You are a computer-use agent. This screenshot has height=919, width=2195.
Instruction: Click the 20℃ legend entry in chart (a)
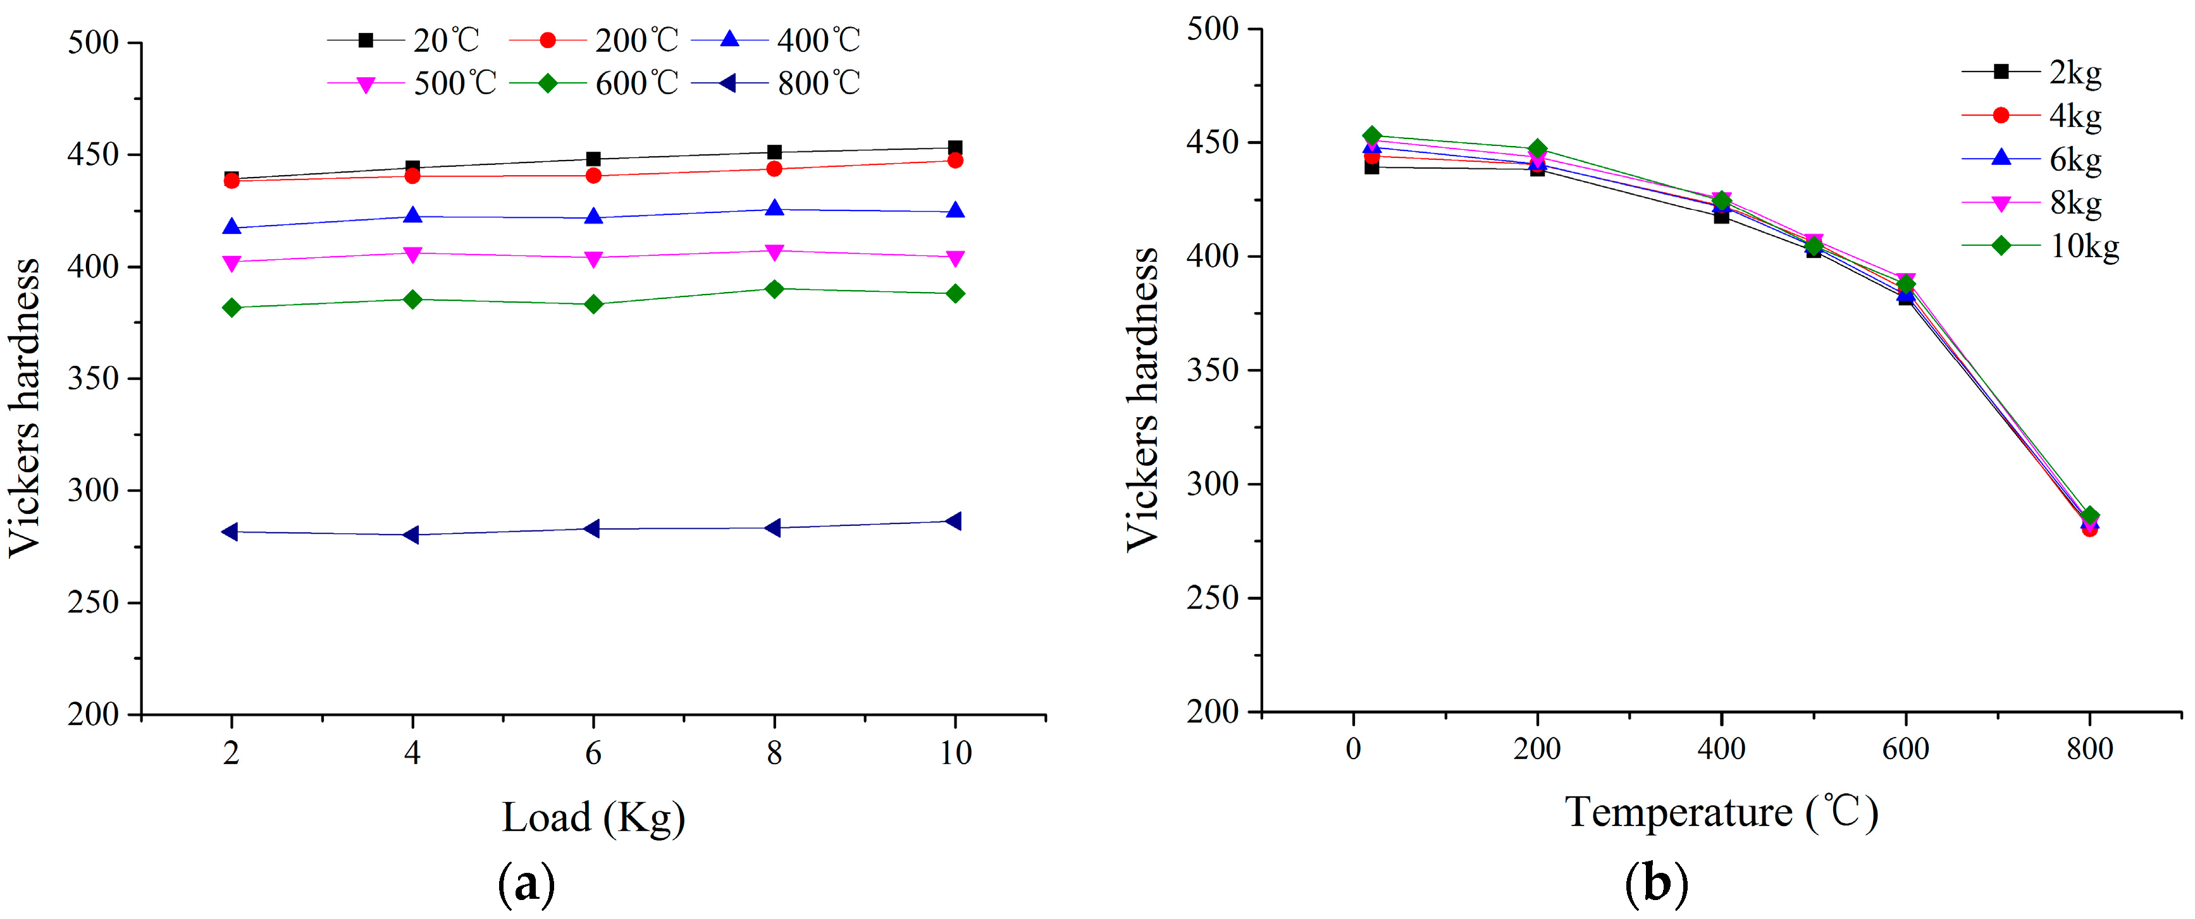(405, 40)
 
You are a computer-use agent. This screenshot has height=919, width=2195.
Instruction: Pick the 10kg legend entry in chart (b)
(2041, 246)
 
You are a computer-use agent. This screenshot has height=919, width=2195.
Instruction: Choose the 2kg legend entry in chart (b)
(2032, 73)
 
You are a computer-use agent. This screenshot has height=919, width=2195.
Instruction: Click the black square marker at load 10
(955, 148)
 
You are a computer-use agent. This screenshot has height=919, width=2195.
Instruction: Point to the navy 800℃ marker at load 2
(230, 532)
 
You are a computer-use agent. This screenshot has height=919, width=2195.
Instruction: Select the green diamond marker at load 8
(774, 289)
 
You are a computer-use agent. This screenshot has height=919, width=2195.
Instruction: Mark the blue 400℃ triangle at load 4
(412, 216)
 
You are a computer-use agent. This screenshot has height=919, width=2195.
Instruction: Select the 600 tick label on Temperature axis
(1905, 750)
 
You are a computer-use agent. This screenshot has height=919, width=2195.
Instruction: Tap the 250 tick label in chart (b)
(1212, 599)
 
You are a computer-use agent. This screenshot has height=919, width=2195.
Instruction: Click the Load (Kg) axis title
(593, 818)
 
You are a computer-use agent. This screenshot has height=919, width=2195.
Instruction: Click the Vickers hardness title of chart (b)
(1142, 400)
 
